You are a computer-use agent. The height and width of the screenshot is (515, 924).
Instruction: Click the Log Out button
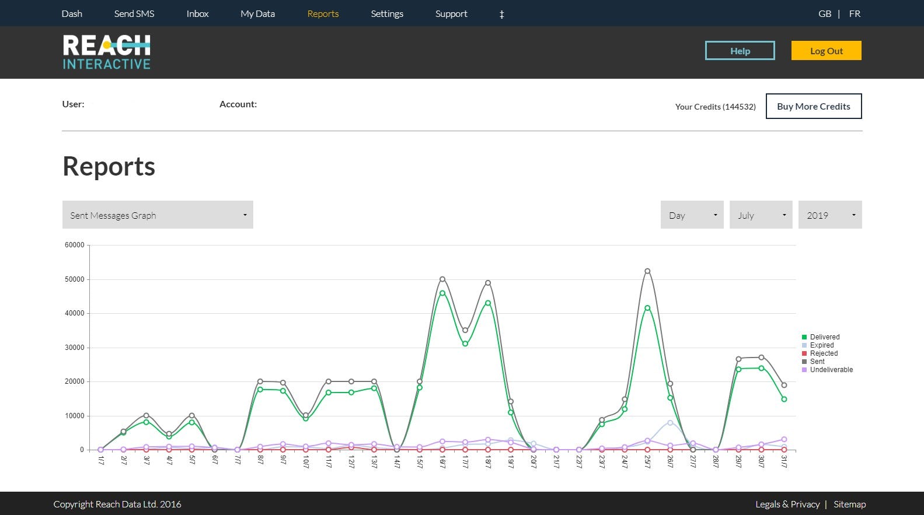tap(826, 51)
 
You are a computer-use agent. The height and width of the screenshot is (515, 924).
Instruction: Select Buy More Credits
tap(813, 106)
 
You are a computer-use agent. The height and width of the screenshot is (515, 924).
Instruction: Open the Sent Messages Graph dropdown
tap(158, 215)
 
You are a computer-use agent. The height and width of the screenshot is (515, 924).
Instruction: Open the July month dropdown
tap(761, 215)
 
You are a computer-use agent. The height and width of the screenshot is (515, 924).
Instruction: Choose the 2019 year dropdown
tap(829, 215)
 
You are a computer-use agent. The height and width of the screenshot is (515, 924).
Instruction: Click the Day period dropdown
tap(692, 215)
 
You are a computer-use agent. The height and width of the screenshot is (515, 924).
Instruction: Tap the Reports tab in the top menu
tap(323, 13)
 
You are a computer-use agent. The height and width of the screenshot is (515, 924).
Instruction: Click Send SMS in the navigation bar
tap(134, 13)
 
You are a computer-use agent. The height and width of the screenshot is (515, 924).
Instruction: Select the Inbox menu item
tap(197, 13)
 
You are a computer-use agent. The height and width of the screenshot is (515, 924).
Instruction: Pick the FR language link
tap(855, 13)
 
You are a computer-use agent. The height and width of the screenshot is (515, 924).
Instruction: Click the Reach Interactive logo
tap(106, 52)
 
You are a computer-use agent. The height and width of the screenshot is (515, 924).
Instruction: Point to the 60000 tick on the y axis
tap(75, 245)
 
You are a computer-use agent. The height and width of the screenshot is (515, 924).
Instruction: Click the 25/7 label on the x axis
tap(647, 462)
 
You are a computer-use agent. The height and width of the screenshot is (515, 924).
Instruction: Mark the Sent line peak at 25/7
tap(647, 271)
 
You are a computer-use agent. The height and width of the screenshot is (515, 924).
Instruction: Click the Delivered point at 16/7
tap(442, 293)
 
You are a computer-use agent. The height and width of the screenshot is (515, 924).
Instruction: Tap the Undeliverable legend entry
tap(831, 370)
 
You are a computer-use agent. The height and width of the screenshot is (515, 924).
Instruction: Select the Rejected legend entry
tap(824, 353)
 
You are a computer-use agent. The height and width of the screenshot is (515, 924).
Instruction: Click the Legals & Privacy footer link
tap(787, 505)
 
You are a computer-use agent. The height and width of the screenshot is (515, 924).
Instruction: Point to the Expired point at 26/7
tap(670, 423)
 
